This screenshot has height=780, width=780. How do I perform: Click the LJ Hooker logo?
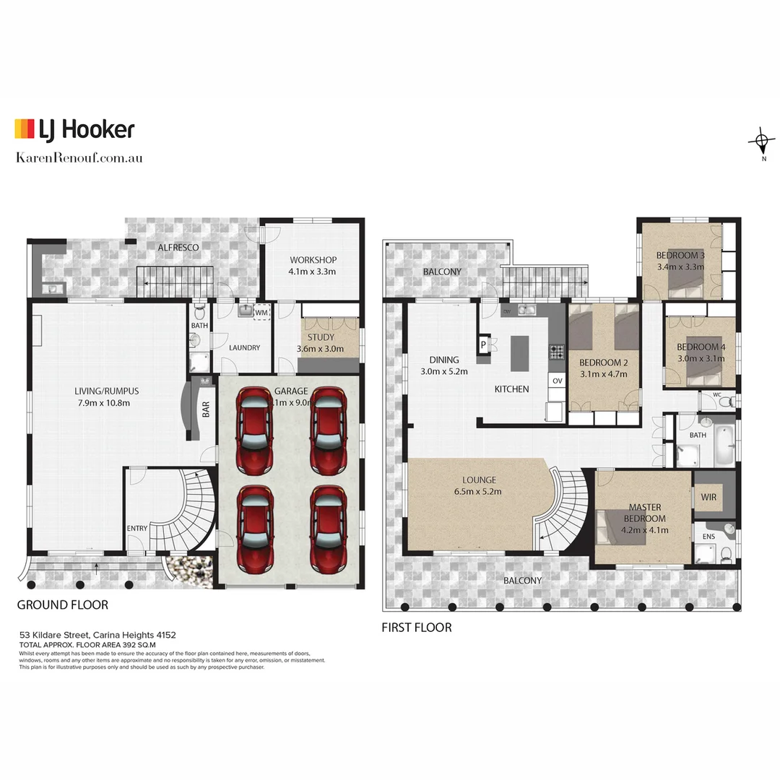[x=74, y=129]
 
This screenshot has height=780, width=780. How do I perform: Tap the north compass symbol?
[x=761, y=140]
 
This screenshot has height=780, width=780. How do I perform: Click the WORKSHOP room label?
[x=313, y=260]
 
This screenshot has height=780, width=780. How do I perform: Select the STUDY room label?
[x=320, y=337]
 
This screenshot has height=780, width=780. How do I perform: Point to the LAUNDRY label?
[x=244, y=347]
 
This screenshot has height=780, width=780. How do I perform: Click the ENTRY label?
[x=137, y=528]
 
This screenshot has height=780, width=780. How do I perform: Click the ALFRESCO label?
[x=178, y=247]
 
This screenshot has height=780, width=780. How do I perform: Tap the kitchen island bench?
[x=519, y=353]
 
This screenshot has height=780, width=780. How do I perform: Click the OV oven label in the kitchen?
[x=557, y=380]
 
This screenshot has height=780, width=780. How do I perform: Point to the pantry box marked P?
[x=483, y=345]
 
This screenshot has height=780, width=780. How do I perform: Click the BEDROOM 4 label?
[x=701, y=347]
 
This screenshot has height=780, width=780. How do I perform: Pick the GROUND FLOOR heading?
[x=63, y=604]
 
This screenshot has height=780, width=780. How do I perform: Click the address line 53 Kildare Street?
[x=97, y=635]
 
